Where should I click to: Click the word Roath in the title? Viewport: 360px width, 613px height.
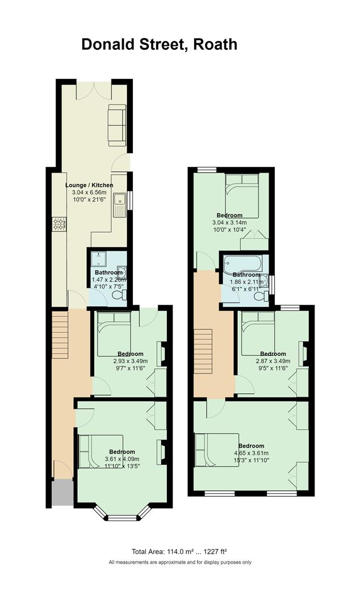pyautogui.click(x=216, y=45)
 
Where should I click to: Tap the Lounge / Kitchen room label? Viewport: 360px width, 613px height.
pyautogui.click(x=89, y=185)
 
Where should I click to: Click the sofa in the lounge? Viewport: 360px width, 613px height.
pyautogui.click(x=118, y=125)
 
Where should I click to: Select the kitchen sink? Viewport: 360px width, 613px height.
pyautogui.click(x=119, y=199)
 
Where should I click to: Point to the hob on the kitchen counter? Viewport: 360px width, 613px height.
pyautogui.click(x=59, y=224)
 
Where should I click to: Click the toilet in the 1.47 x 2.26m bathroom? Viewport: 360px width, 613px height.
pyautogui.click(x=119, y=296)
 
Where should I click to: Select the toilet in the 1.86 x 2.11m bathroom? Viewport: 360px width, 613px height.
pyautogui.click(x=261, y=296)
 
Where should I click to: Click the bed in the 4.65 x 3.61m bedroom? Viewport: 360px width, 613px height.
pyautogui.click(x=216, y=450)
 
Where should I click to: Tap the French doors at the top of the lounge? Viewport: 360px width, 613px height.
pyautogui.click(x=94, y=90)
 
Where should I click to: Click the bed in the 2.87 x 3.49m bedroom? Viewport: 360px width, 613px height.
pyautogui.click(x=258, y=334)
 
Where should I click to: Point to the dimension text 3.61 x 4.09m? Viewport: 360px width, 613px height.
pyautogui.click(x=122, y=459)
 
